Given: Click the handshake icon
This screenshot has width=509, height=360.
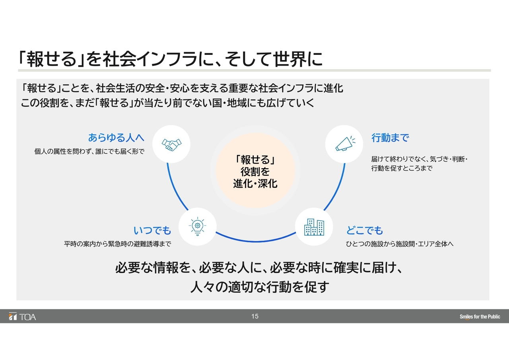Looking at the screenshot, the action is [171, 144].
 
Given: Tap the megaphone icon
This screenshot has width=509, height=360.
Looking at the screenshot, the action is [345, 144].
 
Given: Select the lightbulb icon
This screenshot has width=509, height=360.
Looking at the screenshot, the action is [197, 226].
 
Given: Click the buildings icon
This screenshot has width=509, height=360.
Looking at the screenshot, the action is [314, 227].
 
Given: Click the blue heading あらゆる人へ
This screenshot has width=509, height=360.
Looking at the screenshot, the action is [116, 138].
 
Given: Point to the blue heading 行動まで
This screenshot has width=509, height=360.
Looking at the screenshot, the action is [390, 138].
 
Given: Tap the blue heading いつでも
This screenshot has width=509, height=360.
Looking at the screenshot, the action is [152, 230].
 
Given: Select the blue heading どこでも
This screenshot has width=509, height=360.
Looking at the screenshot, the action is [365, 230].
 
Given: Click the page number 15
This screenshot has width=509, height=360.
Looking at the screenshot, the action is [255, 316].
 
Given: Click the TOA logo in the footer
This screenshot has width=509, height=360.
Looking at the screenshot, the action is [22, 317].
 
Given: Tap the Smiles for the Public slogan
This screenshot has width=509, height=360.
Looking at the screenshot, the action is [480, 317].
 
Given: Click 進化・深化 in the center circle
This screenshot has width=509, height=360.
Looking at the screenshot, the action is [255, 183].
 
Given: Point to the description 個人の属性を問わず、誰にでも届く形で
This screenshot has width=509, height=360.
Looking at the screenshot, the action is [89, 152].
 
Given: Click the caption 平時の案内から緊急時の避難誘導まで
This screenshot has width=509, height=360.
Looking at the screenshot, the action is [117, 244].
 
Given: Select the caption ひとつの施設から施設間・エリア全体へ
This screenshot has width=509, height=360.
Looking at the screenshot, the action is [400, 244].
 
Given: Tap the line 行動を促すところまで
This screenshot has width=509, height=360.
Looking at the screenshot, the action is [402, 168].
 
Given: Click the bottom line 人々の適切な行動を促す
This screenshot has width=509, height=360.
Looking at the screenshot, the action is [260, 287].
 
